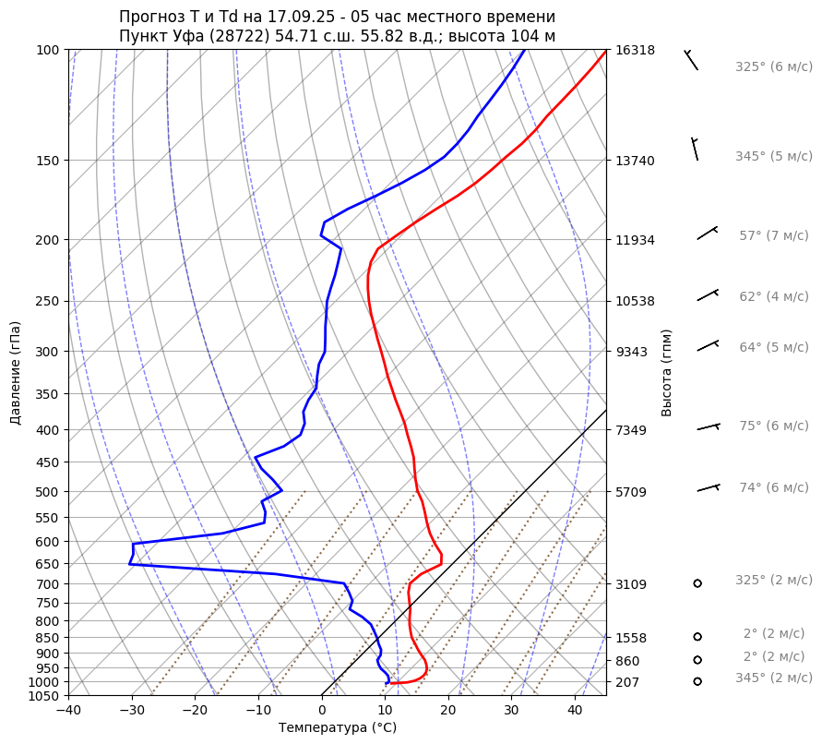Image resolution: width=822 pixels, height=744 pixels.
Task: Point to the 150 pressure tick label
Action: pos(48,161)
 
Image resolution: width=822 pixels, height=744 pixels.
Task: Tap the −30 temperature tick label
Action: pos(132,711)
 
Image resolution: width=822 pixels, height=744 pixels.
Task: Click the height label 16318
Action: pos(635,50)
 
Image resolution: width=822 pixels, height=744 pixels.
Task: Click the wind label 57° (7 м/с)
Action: pos(773,236)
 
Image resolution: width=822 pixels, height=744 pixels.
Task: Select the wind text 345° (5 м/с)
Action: pos(773,157)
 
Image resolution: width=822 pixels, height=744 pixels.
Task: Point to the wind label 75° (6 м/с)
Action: pos(773,426)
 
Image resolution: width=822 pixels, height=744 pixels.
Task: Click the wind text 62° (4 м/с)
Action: pos(773,297)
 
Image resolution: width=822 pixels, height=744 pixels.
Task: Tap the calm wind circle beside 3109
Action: pos(697,583)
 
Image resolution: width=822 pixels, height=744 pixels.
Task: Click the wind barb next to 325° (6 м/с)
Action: pos(691,60)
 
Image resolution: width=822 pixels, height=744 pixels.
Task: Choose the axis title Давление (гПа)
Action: pos(16,373)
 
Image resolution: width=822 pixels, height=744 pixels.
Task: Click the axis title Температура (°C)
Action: pos(338,728)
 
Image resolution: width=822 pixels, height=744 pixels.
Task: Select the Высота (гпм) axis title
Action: pos(667,373)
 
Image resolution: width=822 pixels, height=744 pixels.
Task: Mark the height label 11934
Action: pos(635,240)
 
